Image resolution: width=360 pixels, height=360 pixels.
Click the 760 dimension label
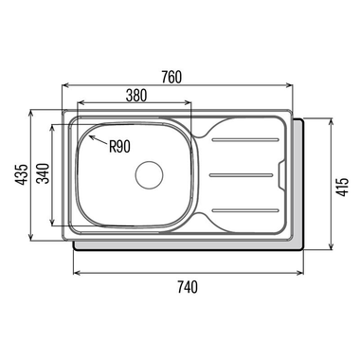[x=171, y=77]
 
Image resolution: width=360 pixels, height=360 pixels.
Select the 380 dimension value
[x=136, y=96]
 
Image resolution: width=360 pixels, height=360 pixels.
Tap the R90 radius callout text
[x=119, y=147]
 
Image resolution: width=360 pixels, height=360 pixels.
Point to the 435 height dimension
[x=22, y=174]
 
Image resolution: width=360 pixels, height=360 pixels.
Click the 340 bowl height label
[x=43, y=173]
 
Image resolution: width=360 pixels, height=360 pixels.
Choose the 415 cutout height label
[x=343, y=187]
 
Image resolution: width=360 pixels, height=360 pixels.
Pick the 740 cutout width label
[x=188, y=287]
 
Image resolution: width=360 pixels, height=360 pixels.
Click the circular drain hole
[x=149, y=175]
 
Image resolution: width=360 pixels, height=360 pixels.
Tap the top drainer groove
[x=245, y=139]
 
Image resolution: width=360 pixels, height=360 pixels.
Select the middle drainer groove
[x=242, y=175]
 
